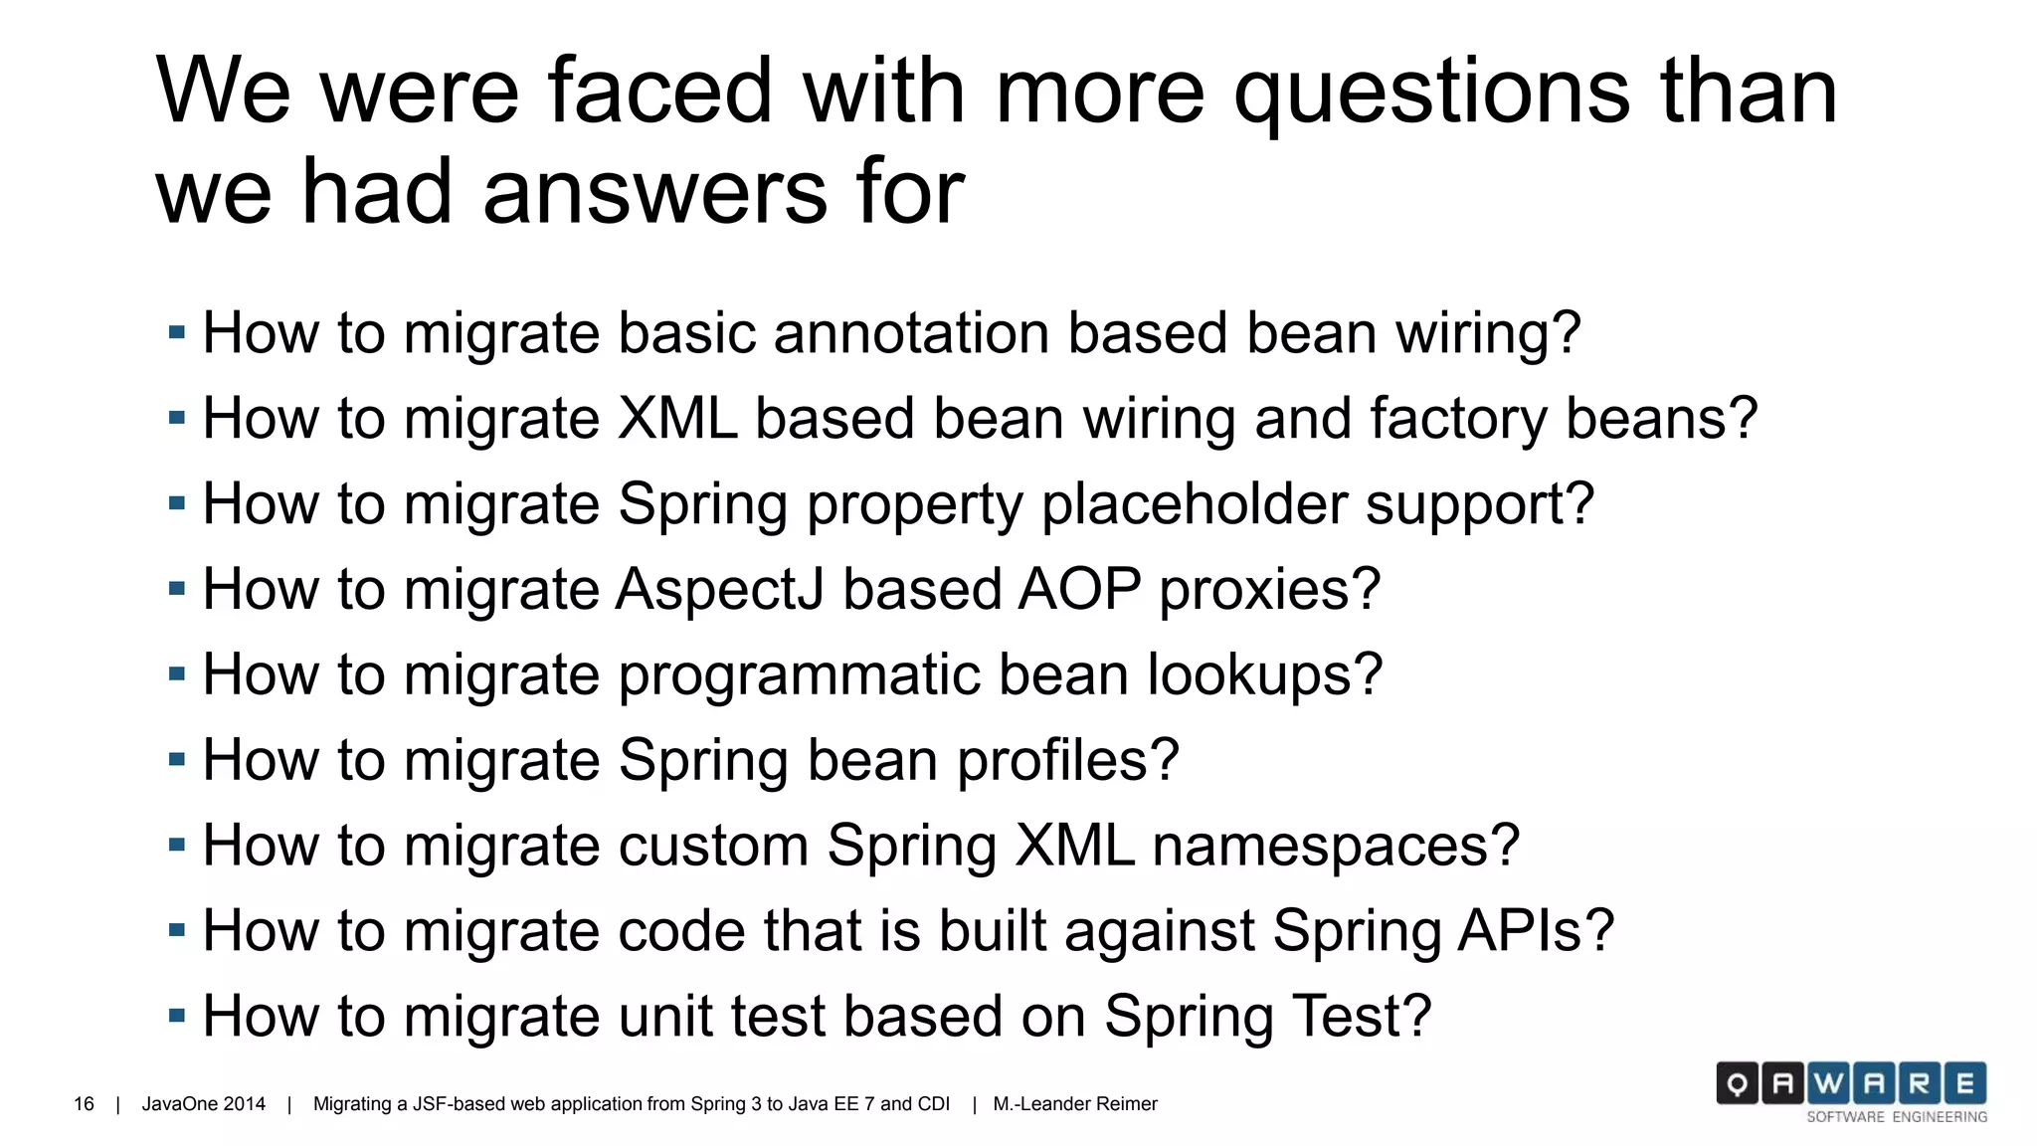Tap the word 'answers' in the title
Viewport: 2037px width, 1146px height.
(654, 192)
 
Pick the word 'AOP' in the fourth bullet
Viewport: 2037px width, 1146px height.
(1079, 590)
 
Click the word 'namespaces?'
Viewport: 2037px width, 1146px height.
(1336, 847)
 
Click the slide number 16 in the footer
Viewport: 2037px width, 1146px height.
(84, 1104)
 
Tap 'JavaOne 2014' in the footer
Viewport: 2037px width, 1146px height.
(204, 1104)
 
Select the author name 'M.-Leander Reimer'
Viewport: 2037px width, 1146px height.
(1075, 1104)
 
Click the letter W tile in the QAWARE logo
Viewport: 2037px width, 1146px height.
(1828, 1083)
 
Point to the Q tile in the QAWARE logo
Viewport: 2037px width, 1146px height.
(1738, 1083)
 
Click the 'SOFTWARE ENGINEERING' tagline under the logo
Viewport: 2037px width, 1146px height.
(1897, 1117)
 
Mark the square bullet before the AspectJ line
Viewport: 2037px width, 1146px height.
(177, 589)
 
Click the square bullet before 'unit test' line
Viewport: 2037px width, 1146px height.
(177, 1016)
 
